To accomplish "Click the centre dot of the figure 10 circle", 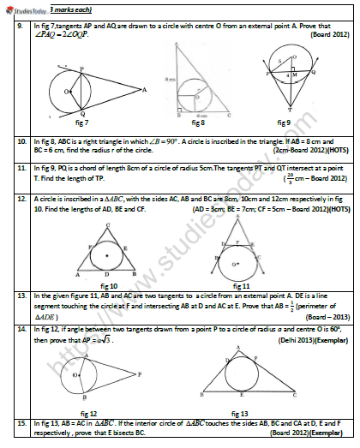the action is (x=106, y=255).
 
